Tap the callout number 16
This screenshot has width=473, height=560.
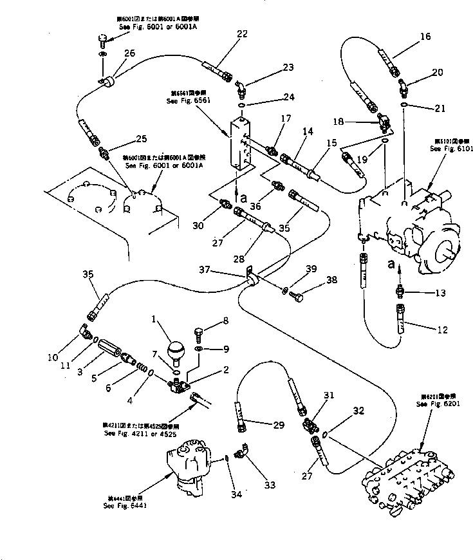(x=425, y=37)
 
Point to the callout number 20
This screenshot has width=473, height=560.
(x=437, y=73)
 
